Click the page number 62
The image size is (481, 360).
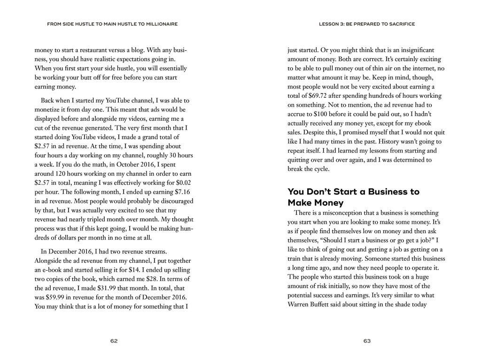point(114,341)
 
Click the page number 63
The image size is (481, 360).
point(367,341)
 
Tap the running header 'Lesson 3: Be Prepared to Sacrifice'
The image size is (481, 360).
point(366,24)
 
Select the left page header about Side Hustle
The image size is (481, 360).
point(112,24)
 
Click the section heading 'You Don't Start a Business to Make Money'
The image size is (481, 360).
point(353,197)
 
